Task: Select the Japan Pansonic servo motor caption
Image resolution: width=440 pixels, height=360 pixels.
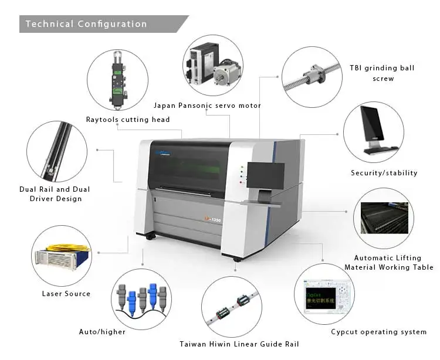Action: coord(207,106)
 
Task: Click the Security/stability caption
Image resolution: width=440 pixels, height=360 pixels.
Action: coord(384,173)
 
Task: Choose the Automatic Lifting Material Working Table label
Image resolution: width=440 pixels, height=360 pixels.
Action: coord(389,263)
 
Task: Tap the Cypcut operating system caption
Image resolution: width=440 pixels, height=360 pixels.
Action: coord(378,332)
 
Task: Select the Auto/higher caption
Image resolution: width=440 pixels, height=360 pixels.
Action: coord(102,332)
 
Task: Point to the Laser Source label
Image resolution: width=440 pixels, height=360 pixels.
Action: coord(66,293)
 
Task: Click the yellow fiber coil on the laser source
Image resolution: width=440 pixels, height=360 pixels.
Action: coord(67,247)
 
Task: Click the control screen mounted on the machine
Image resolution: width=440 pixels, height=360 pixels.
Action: coord(265,176)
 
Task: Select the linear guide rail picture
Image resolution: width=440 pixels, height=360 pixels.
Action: coord(232,307)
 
